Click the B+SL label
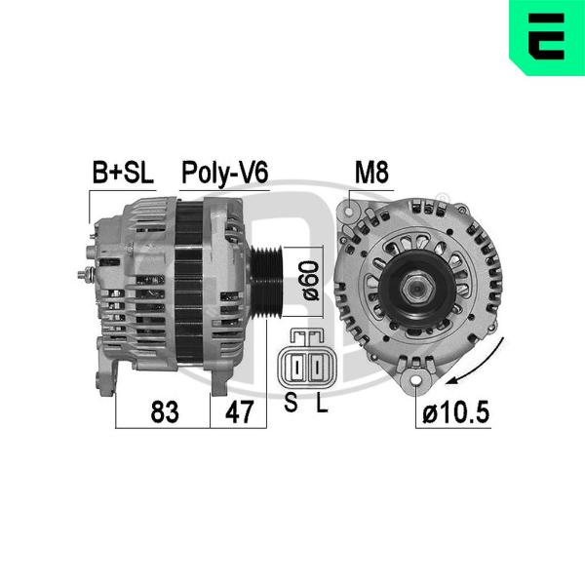[x=123, y=173]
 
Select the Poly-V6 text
[x=224, y=174]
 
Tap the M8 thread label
[x=371, y=173]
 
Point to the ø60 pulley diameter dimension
[x=311, y=281]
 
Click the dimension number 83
[x=165, y=411]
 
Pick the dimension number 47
[x=239, y=411]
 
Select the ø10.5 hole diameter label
[x=456, y=411]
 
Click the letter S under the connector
[x=291, y=402]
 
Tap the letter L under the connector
[x=322, y=402]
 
